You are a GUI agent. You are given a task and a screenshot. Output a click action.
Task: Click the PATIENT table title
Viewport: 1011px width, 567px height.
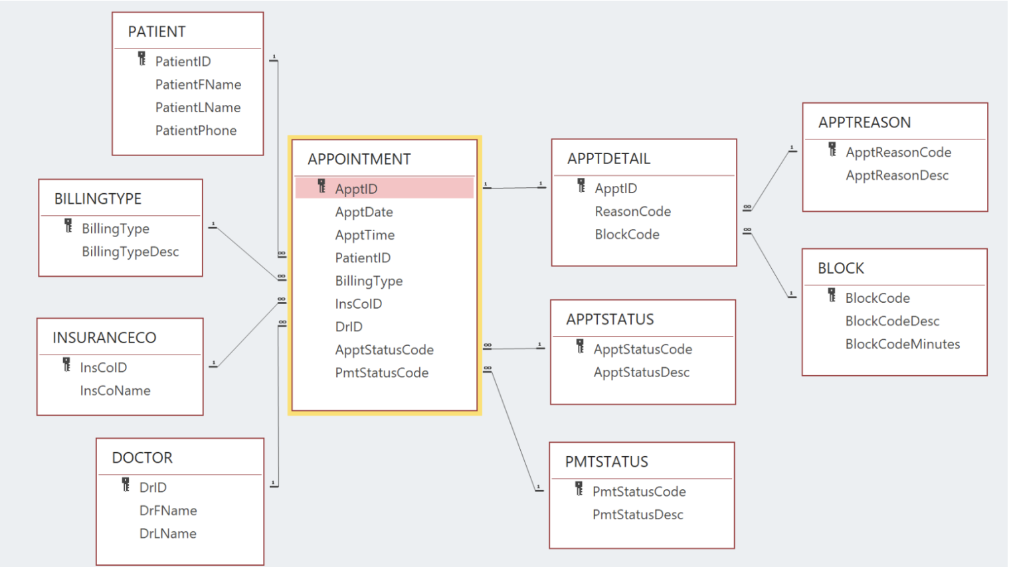(157, 32)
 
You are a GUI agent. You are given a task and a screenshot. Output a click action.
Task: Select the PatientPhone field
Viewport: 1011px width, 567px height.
(195, 131)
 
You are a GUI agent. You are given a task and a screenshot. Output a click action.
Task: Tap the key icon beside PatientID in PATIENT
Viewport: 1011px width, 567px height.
(141, 59)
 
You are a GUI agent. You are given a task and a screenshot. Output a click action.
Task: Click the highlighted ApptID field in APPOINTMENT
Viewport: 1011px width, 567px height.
(356, 189)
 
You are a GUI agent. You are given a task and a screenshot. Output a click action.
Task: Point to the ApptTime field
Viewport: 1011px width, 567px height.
(364, 235)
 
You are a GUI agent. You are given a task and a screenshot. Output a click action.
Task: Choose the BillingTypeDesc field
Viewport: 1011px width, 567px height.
(130, 252)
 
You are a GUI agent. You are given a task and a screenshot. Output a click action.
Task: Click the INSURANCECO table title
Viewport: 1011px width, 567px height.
(104, 338)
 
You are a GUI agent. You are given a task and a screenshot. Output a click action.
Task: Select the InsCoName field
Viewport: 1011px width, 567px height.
(115, 391)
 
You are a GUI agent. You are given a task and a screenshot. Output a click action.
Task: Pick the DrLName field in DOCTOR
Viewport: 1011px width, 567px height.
(167, 534)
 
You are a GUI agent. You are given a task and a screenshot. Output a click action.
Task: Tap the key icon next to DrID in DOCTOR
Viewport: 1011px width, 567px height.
(126, 485)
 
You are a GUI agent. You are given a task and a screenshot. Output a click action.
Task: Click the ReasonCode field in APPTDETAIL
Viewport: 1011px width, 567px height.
(632, 212)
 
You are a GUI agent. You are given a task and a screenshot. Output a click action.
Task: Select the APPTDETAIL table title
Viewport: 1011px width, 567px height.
(608, 159)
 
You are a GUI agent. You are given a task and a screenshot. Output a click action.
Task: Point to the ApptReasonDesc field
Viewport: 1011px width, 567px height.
(897, 176)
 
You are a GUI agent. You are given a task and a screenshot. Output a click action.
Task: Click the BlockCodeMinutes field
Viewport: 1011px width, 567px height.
(902, 345)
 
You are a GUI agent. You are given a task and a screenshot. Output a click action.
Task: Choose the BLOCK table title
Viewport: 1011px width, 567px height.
(841, 269)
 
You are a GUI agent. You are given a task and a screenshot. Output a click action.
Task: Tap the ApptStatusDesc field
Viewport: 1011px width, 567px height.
(641, 372)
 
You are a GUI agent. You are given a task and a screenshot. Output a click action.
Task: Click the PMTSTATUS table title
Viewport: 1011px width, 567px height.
(606, 462)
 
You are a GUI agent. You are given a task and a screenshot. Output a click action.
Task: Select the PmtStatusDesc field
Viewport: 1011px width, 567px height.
(638, 515)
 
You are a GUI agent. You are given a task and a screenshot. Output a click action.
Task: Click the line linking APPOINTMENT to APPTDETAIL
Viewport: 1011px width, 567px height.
(515, 188)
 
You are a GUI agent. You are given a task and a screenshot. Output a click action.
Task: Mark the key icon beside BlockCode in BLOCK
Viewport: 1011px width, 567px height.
(832, 295)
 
